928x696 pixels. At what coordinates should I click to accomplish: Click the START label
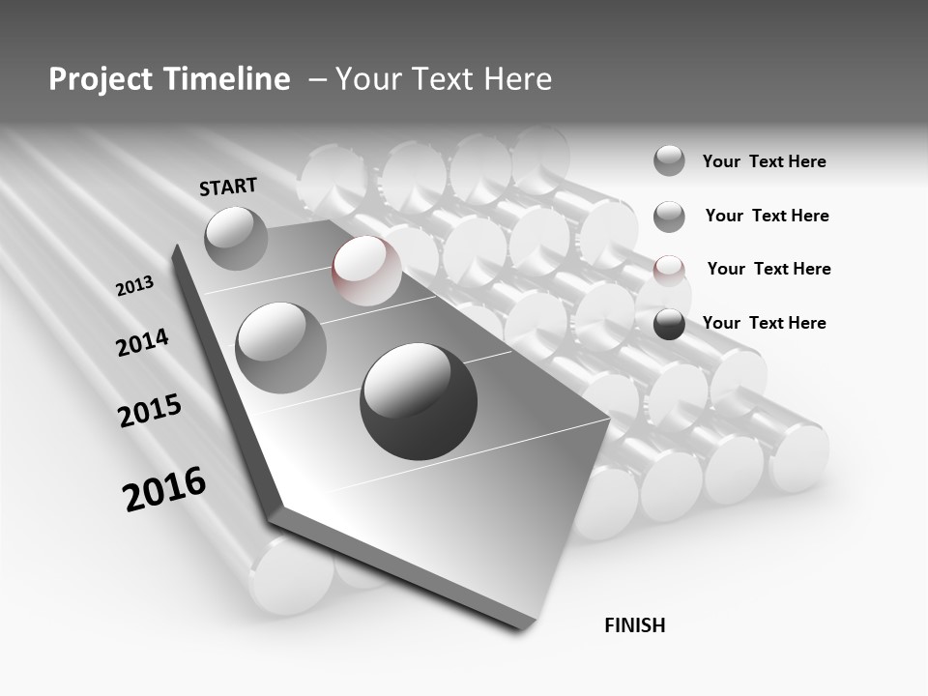coord(228,187)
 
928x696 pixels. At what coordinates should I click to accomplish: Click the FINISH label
coord(635,625)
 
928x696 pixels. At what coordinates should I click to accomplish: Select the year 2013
coord(135,286)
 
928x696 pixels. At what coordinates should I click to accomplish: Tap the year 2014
coord(143,342)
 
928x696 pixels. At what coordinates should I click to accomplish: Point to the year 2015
coord(150,411)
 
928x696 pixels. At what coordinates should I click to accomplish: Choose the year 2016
coord(164,489)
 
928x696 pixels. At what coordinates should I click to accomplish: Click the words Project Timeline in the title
coord(169,79)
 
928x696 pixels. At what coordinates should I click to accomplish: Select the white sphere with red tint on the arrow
coord(367,271)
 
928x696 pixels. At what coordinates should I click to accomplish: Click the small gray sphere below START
coord(237,238)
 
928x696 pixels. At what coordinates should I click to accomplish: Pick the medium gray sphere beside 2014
coord(281,347)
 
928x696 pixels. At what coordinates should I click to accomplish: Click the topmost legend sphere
coord(669,160)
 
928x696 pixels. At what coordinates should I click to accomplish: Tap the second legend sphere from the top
coord(669,217)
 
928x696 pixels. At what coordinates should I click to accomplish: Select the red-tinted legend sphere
coord(669,270)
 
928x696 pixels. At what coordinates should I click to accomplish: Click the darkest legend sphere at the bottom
coord(669,324)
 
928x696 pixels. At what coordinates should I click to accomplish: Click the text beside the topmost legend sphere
coord(765,161)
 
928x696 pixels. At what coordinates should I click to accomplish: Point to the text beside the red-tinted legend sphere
coord(769,269)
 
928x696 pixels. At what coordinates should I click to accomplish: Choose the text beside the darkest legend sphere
coord(765,323)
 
